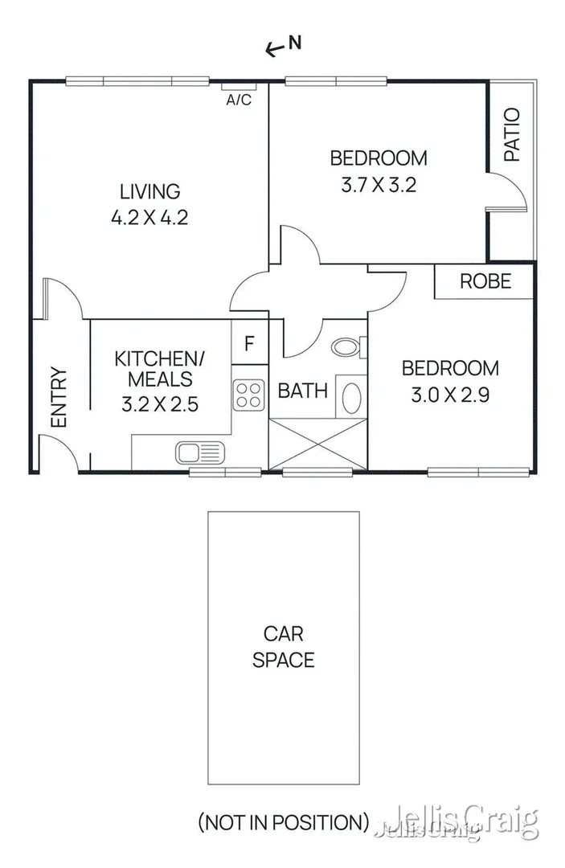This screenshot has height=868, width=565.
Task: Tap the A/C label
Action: (239, 100)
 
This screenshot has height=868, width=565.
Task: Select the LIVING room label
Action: (150, 192)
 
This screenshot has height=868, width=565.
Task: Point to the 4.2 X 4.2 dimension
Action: (150, 218)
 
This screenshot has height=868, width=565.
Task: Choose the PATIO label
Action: (512, 135)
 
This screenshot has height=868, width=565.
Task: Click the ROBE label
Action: (485, 281)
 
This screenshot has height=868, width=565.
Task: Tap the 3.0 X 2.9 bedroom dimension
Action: (450, 395)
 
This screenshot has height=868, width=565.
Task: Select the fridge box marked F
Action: (249, 344)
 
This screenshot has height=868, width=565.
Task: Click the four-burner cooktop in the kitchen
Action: (249, 394)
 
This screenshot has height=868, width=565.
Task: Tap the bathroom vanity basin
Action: (352, 395)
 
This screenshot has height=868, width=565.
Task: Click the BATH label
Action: (302, 391)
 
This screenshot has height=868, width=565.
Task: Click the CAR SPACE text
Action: (283, 648)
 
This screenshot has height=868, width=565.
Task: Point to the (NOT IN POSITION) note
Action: (283, 822)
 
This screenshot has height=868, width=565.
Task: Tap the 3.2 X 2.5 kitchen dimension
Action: (159, 404)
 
